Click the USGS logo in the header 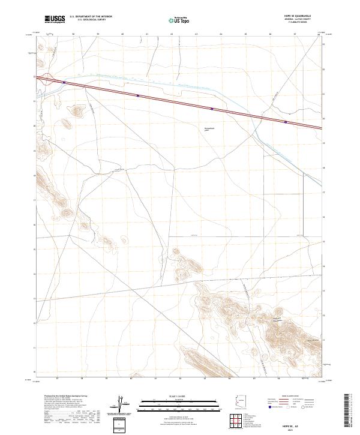tap(55, 19)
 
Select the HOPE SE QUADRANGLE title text tap(305, 17)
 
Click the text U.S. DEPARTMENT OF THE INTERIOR tap(91, 17)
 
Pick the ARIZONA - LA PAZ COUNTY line tap(306, 20)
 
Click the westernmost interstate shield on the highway tap(64, 82)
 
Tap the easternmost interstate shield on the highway tap(285, 122)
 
